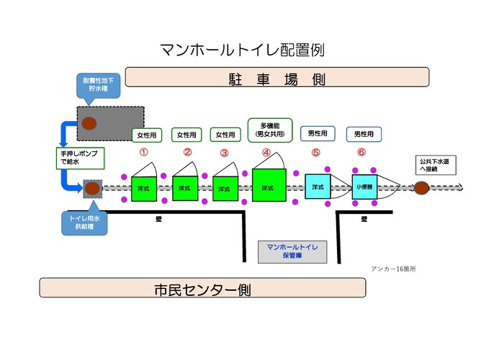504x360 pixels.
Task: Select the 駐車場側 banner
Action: pos(277,77)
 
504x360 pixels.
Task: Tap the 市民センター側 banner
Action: pos(202,289)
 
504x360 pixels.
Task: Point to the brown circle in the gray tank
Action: pos(89,123)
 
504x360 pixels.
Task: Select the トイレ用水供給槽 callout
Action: pos(85,222)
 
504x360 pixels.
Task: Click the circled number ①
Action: pos(143,153)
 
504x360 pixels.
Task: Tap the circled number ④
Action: pos(266,153)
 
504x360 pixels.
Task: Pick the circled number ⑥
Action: pos(361,153)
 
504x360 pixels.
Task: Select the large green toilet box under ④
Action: pos(269,186)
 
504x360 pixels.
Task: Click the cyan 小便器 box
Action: pos(364,186)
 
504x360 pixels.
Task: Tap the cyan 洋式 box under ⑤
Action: pos(318,186)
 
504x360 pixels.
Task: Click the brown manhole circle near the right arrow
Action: pos(421,188)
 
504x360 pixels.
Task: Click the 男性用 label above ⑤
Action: pos(318,134)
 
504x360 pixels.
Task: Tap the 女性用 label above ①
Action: pos(146,135)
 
